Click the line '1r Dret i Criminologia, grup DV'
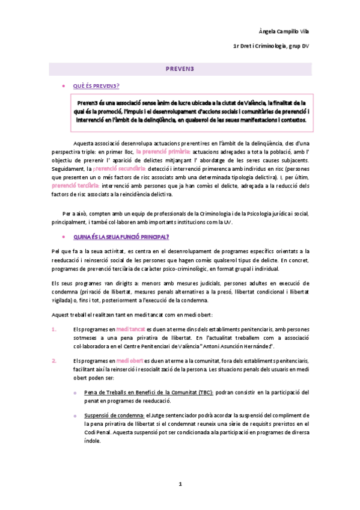coord(272,46)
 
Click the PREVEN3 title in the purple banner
coord(180,70)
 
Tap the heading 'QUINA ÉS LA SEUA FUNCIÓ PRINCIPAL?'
coord(121,237)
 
